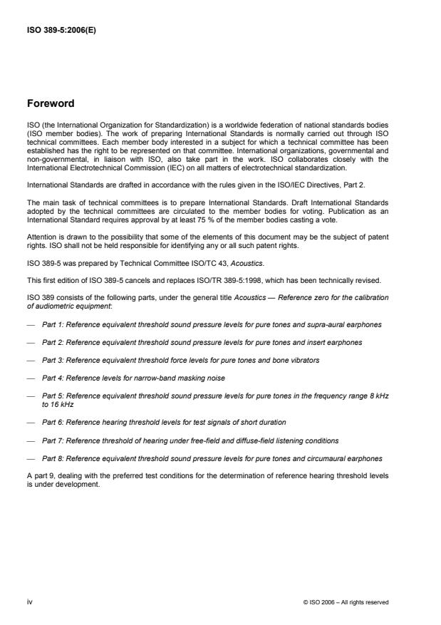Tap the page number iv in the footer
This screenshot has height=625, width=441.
tap(31, 602)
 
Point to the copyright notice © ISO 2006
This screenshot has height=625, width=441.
tap(346, 602)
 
